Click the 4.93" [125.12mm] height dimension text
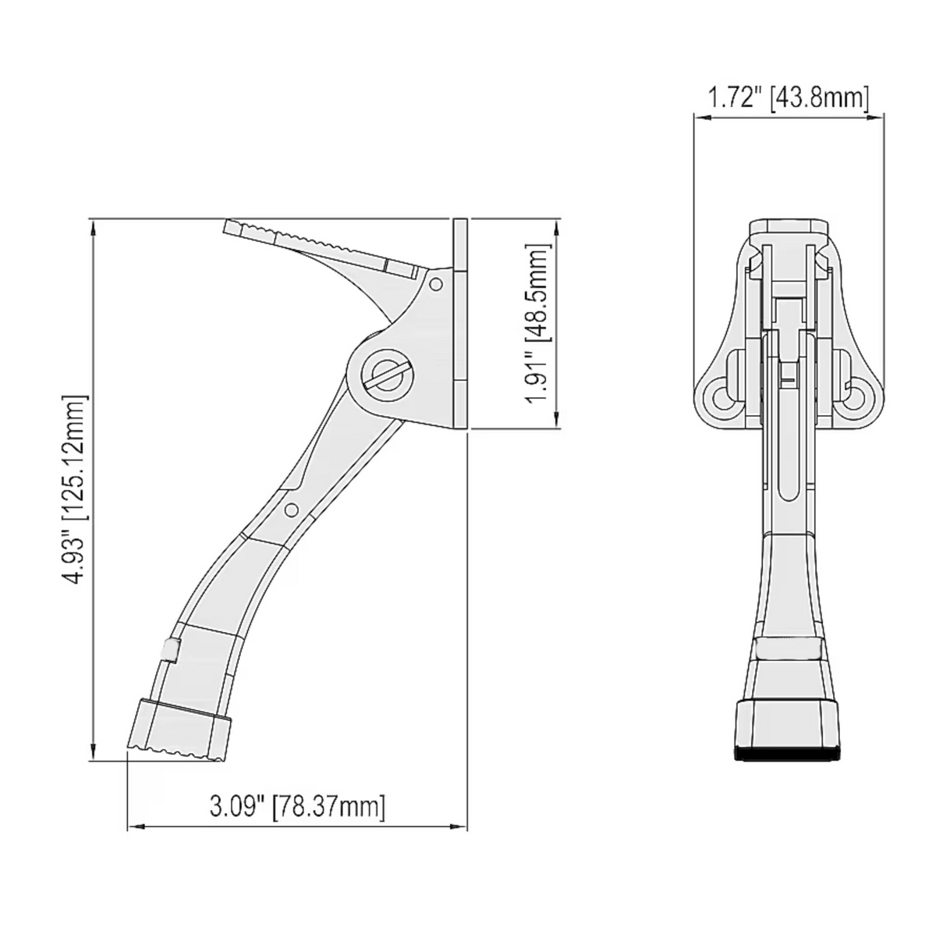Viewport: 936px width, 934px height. point(76,489)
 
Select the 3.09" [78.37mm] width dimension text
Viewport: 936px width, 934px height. point(297,806)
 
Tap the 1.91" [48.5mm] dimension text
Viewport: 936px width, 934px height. point(538,322)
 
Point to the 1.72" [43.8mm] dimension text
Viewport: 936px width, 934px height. point(788,98)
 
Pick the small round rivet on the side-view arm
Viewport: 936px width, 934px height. point(291,510)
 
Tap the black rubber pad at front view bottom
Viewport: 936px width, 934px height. point(789,755)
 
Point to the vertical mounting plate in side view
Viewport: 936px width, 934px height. point(460,323)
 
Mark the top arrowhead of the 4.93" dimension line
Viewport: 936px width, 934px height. point(94,226)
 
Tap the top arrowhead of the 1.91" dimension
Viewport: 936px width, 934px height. point(556,226)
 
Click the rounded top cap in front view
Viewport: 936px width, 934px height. point(788,228)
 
